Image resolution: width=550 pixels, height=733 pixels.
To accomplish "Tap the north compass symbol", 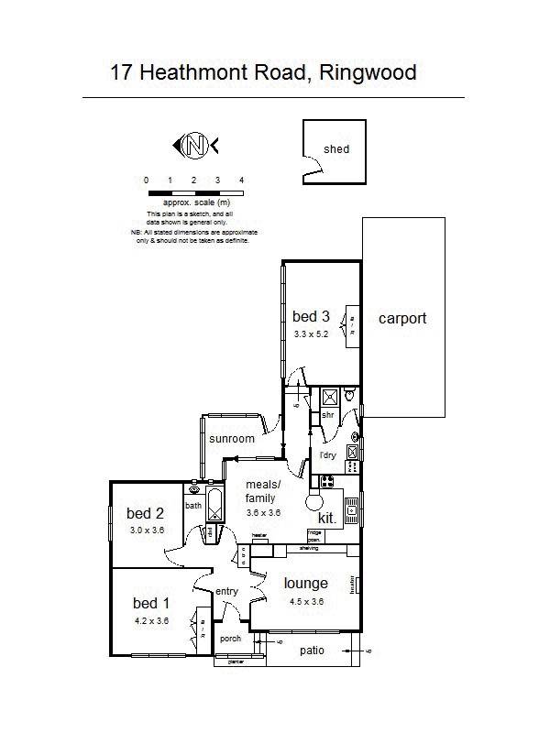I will coord(193,145).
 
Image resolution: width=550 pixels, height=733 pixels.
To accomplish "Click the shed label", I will coord(336,149).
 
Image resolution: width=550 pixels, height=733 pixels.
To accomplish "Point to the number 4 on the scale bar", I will coord(241,181).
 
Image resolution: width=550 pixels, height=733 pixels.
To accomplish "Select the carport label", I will coord(402,319).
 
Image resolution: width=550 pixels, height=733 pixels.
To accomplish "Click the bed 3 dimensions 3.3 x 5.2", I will coord(311,334).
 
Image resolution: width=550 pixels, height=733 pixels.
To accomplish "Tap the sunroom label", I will coord(231,439).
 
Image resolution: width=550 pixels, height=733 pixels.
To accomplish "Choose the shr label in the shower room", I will coord(326,415).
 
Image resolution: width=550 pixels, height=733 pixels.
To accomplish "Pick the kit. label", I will coord(327,518).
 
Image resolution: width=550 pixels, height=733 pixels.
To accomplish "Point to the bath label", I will coord(193,506).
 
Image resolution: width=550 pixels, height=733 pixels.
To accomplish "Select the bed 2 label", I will coord(146,513).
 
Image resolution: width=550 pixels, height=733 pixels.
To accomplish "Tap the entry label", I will coord(226,592).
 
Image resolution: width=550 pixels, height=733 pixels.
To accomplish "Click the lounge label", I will coord(305,584).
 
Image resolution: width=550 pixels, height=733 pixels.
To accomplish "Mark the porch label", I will coord(230,639).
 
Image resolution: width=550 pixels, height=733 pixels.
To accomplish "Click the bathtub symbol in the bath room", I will coord(214,504).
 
